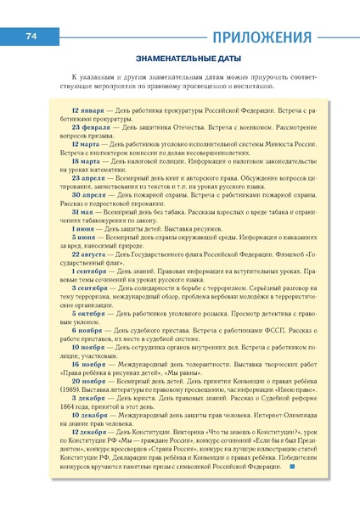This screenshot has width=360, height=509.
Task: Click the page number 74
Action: [x=32, y=35]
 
